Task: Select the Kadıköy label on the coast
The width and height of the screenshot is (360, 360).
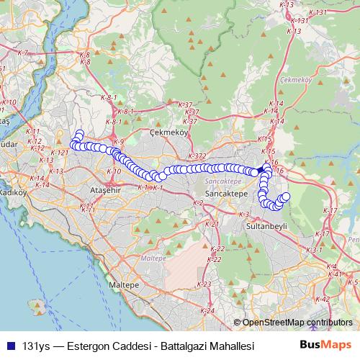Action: (x=12, y=192)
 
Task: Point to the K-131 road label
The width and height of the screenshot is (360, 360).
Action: (x=300, y=21)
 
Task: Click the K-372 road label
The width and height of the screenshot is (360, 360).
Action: (x=197, y=156)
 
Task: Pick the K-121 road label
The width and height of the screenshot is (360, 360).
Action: (x=60, y=153)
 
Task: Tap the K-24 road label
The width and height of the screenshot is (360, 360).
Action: (x=208, y=310)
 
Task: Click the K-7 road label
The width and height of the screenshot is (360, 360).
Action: (x=22, y=53)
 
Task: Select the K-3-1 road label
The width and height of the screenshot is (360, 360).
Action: (x=314, y=250)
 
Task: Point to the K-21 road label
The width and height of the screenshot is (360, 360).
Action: (x=212, y=225)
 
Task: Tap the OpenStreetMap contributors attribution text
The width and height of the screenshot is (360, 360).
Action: (x=297, y=323)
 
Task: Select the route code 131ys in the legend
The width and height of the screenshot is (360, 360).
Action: (x=36, y=346)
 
